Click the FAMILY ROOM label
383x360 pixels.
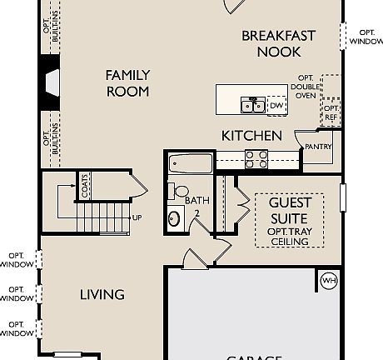point(127,82)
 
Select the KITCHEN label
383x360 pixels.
point(251,136)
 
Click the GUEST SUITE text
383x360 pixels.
point(290,210)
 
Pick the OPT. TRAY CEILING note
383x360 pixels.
point(290,236)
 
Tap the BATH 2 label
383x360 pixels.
point(197,206)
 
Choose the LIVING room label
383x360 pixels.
point(102,294)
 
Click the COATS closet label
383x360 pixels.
point(85,187)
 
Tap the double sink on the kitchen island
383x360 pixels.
point(252,105)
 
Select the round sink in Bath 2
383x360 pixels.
point(174,220)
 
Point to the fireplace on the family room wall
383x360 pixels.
point(51,82)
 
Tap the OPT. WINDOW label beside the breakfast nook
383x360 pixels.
point(366,37)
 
